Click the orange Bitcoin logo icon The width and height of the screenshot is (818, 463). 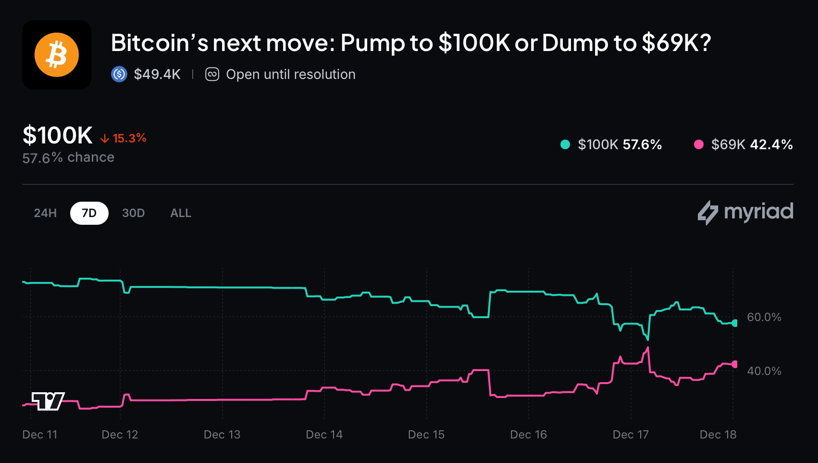click(x=57, y=55)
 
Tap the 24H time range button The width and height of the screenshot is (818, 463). click(x=45, y=213)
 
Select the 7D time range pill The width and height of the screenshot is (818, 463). click(x=89, y=213)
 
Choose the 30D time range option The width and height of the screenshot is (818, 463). click(x=133, y=213)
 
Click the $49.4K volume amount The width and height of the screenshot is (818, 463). click(x=157, y=74)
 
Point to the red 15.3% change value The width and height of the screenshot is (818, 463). click(x=129, y=138)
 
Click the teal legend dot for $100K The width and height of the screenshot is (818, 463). click(x=565, y=144)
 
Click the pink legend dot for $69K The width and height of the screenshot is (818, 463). click(x=699, y=144)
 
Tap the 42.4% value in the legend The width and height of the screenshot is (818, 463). click(x=771, y=144)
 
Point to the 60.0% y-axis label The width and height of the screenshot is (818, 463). click(x=764, y=317)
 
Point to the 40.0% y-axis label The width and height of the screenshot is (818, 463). click(x=764, y=371)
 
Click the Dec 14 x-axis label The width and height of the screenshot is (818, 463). click(x=324, y=435)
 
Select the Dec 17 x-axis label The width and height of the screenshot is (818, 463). click(x=631, y=435)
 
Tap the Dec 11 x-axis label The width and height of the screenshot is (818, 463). click(x=40, y=435)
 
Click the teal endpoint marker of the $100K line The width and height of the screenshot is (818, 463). click(x=734, y=323)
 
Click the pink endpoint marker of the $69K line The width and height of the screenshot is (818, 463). click(x=734, y=364)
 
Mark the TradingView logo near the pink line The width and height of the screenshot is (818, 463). click(x=48, y=401)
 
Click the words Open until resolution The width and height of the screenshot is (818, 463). click(x=290, y=74)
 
